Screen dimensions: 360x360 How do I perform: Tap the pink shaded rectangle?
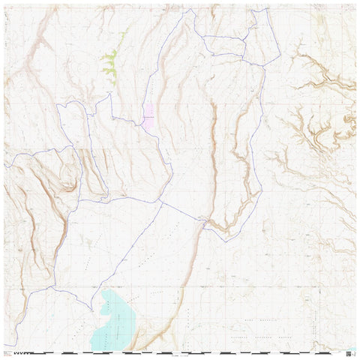coord(148,115)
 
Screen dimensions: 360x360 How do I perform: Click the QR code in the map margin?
coord(350,350)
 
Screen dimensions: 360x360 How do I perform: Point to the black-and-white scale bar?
coord(187,351)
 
